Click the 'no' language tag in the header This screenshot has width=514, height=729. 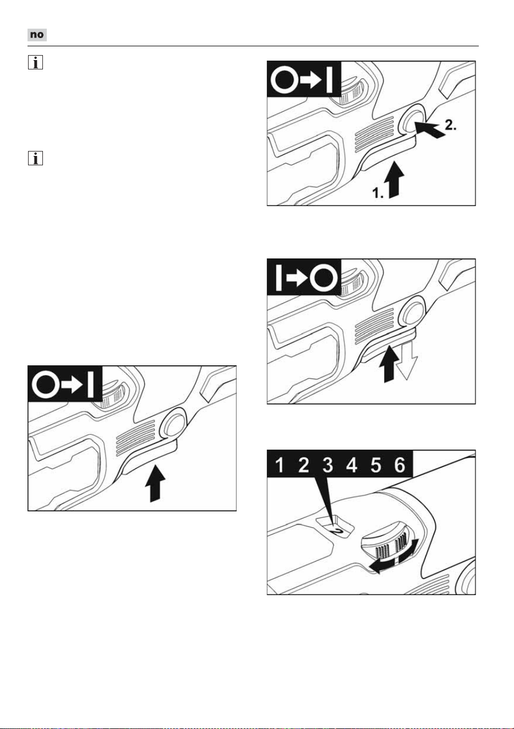pos(37,35)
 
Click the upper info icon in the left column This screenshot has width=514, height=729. pos(35,62)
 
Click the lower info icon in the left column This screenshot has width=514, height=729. pos(35,158)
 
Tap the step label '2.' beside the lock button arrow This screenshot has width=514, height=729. pos(450,125)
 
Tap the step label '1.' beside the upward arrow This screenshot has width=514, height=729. pos(378,193)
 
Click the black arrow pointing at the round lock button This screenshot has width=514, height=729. pos(429,129)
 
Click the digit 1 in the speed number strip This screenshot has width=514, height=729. pos(279,465)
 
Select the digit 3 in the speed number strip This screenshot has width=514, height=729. pos(327,465)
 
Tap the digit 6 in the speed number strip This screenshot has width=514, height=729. pos(400,465)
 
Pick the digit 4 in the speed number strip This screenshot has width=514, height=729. pos(352,465)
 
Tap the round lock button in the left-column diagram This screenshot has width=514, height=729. pos(173,423)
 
